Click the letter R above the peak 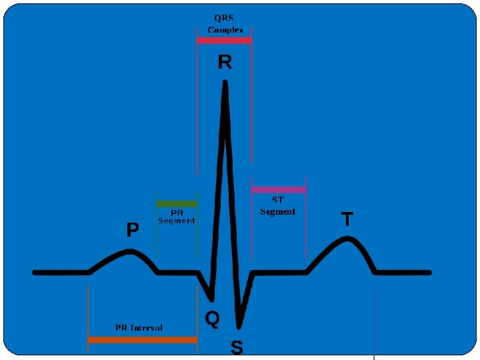[x=225, y=63]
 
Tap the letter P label [x=133, y=230]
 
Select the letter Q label [x=212, y=319]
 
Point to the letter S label [x=237, y=347]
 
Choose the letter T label [x=347, y=219]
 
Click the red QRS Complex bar [x=224, y=41]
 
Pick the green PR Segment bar [x=177, y=203]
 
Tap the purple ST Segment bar [x=279, y=190]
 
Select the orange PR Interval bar [x=143, y=339]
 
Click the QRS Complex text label [x=225, y=24]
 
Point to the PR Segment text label [x=177, y=217]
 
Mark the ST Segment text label [x=277, y=205]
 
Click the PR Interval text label [x=139, y=328]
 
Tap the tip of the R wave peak [x=225, y=83]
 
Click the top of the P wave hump [x=131, y=251]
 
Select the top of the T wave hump [x=346, y=239]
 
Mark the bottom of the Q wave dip [x=211, y=297]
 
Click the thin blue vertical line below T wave [x=375, y=320]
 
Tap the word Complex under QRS [x=225, y=30]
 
